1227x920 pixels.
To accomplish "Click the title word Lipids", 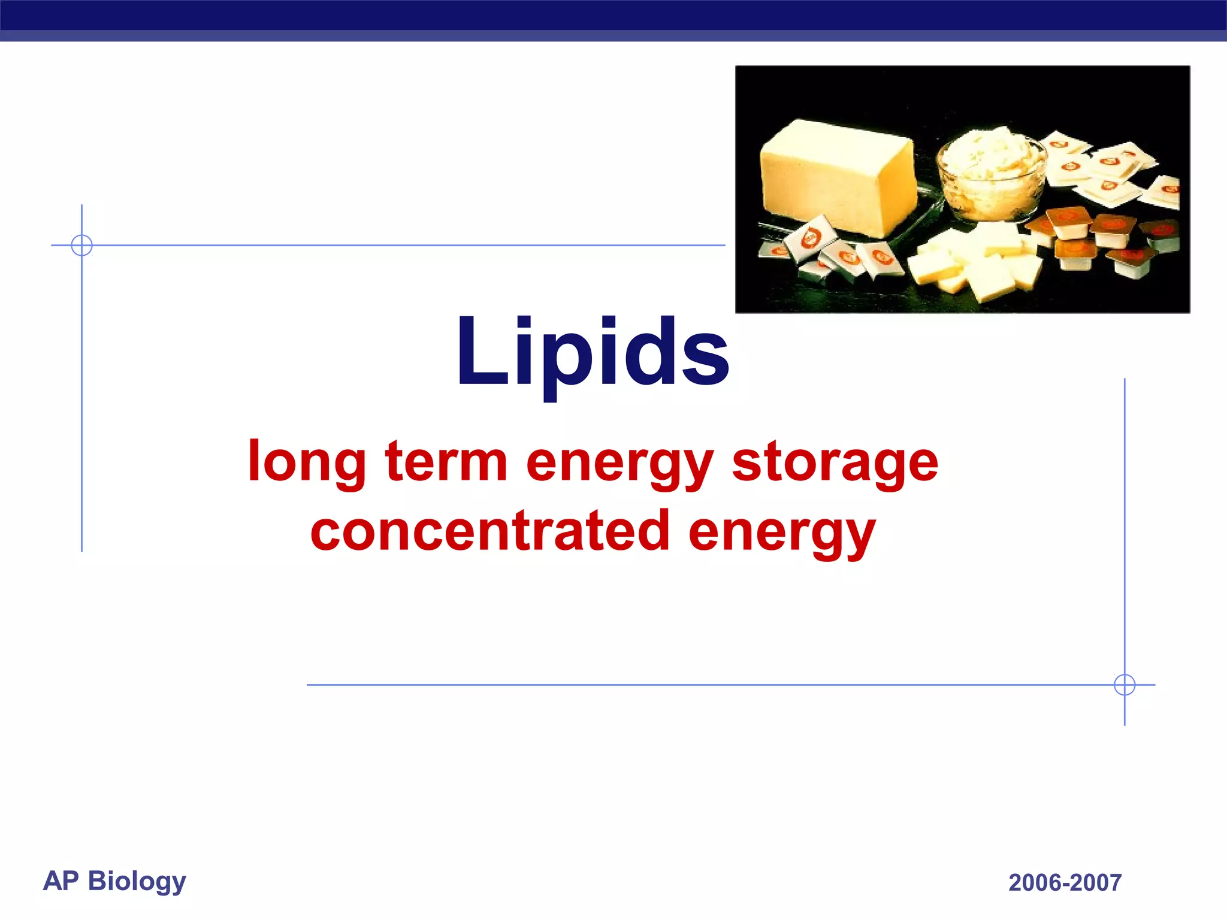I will (593, 353).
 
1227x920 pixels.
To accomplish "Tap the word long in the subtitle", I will (307, 462).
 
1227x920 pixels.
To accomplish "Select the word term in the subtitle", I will (446, 462).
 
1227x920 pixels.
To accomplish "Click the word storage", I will (835, 462).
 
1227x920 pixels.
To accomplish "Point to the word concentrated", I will (489, 531).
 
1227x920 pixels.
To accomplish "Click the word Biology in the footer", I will (137, 882).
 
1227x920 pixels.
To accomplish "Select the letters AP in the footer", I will (61, 880).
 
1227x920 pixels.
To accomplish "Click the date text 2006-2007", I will (1065, 883).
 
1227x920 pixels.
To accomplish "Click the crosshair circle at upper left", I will (81, 245).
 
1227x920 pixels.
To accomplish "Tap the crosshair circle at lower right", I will (1125, 685).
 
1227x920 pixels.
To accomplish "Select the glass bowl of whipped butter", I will (992, 174).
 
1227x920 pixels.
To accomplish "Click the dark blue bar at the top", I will (613, 15).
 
